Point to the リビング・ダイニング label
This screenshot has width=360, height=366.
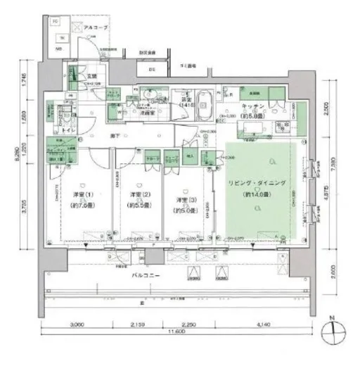(x=258, y=183)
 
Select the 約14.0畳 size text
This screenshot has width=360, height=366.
(x=257, y=194)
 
